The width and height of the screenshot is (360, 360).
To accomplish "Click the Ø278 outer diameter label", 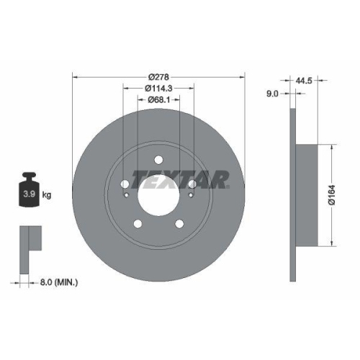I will pyautogui.click(x=158, y=77).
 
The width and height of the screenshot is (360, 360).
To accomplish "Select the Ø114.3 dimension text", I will pyautogui.click(x=158, y=88).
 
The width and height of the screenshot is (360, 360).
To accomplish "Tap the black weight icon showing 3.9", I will pyautogui.click(x=30, y=189).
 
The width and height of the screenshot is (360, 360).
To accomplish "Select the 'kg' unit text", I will pyautogui.click(x=48, y=194).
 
